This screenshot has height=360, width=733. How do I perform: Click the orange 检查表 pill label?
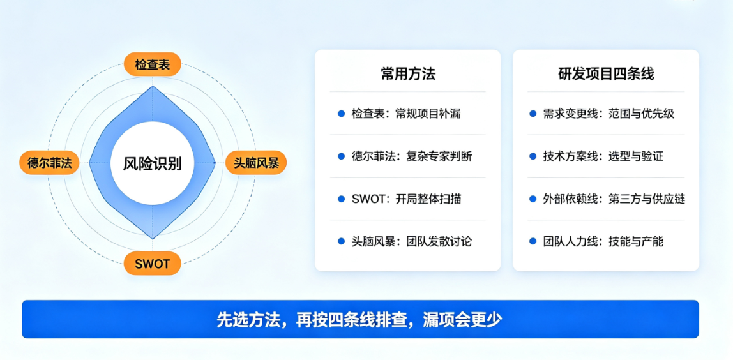pyautogui.click(x=152, y=64)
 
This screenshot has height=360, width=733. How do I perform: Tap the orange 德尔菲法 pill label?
pyautogui.click(x=49, y=163)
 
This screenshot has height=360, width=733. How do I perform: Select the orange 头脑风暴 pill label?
pyautogui.click(x=255, y=163)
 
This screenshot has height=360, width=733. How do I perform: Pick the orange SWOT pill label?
pyautogui.click(x=152, y=263)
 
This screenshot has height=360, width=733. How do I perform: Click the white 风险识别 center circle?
pyautogui.click(x=153, y=163)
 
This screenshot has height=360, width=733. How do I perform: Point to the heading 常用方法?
pyautogui.click(x=407, y=74)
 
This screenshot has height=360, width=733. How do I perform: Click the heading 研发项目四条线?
pyautogui.click(x=606, y=74)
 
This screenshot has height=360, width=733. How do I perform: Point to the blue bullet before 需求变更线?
pyautogui.click(x=533, y=114)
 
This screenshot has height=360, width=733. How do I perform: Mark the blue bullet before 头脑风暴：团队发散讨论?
pyautogui.click(x=341, y=241)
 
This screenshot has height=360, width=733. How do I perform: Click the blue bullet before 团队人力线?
pyautogui.click(x=533, y=241)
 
